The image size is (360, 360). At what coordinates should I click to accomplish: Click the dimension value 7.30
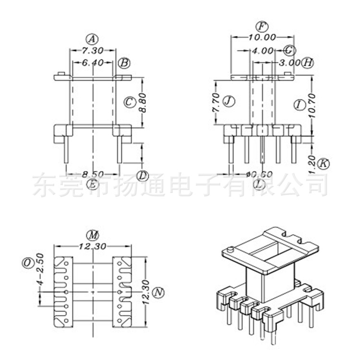(x=92, y=50)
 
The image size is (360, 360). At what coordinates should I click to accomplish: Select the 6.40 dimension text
(x=92, y=62)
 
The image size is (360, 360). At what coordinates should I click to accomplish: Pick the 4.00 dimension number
(x=263, y=50)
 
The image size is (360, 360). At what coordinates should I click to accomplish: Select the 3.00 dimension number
(x=289, y=62)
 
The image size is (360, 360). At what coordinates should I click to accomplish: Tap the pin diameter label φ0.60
(x=259, y=174)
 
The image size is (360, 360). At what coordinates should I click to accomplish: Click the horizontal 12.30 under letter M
(x=92, y=247)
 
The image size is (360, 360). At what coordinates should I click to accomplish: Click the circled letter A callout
(x=92, y=38)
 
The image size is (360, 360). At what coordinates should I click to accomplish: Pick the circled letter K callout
(x=324, y=163)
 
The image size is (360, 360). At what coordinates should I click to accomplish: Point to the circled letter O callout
(x=27, y=262)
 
